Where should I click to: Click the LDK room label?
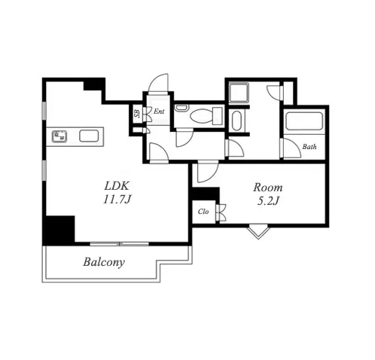point(117,186)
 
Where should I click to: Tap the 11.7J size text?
point(117,200)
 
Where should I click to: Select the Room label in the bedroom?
point(268,188)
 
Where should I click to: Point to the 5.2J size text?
point(268,201)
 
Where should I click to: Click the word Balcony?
point(104,262)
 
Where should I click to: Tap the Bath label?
point(309,147)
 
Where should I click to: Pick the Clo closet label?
point(203,212)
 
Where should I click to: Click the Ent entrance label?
point(159,111)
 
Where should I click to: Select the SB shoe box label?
point(137,114)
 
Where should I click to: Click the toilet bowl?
point(202,117)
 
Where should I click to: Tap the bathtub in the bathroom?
point(304,121)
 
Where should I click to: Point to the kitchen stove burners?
point(59,136)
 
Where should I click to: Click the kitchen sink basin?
point(89,136)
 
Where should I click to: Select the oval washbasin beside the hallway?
point(236,121)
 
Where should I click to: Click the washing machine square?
point(239,92)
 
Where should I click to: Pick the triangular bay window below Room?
point(258,233)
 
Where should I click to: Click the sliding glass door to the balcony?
point(119,244)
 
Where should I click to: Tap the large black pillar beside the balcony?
point(59,230)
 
